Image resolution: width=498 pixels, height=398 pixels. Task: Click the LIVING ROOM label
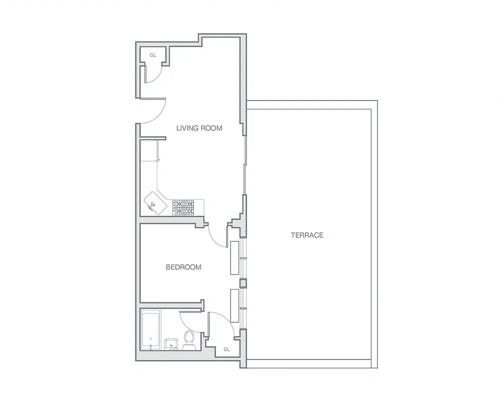(x=199, y=128)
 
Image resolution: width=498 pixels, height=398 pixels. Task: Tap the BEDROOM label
(x=183, y=267)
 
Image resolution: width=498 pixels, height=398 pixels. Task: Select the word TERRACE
(x=307, y=235)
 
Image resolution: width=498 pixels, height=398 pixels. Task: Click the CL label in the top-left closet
(x=153, y=55)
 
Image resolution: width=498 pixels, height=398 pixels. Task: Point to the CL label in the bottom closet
(x=227, y=349)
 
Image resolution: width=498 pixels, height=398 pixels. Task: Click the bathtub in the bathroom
(x=150, y=330)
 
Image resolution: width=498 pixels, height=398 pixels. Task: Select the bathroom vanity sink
(x=171, y=343)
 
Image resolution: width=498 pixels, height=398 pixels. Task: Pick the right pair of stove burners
(x=190, y=206)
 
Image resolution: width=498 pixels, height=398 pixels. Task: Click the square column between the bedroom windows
(x=243, y=283)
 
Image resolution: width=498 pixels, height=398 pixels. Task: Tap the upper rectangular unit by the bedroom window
(x=234, y=258)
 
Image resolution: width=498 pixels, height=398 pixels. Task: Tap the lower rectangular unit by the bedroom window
(x=234, y=305)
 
